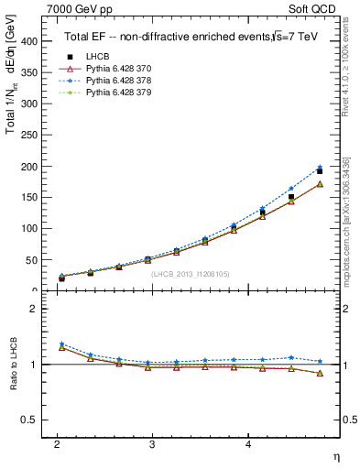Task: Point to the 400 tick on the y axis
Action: (31, 41)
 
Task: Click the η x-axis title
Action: (335, 457)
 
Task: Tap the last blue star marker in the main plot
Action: (319, 168)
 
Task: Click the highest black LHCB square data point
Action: (319, 171)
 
